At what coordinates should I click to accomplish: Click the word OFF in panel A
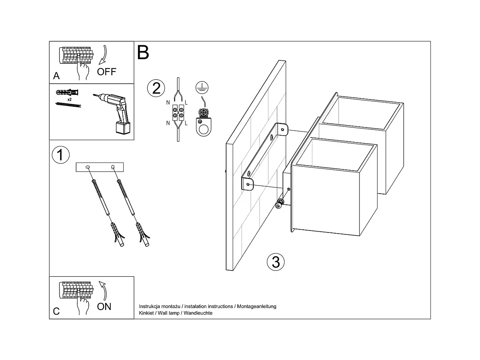tap(106, 71)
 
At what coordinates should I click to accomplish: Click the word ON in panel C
tap(104, 306)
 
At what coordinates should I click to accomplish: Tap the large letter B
tap(143, 53)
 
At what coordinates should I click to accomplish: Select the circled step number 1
tap(60, 155)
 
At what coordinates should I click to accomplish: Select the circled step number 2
tap(156, 88)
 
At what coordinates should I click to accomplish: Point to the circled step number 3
tap(276, 262)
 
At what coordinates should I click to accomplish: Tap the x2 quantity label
tap(70, 99)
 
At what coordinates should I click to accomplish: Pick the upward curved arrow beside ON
tap(103, 290)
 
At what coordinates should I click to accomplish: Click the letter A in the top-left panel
tap(56, 76)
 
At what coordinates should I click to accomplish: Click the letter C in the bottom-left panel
tap(56, 311)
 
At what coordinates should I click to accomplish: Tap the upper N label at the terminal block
tap(168, 103)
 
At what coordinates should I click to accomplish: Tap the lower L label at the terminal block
tap(186, 123)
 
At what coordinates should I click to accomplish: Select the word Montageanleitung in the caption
tap(257, 307)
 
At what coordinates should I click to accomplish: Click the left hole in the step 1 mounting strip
tap(88, 167)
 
